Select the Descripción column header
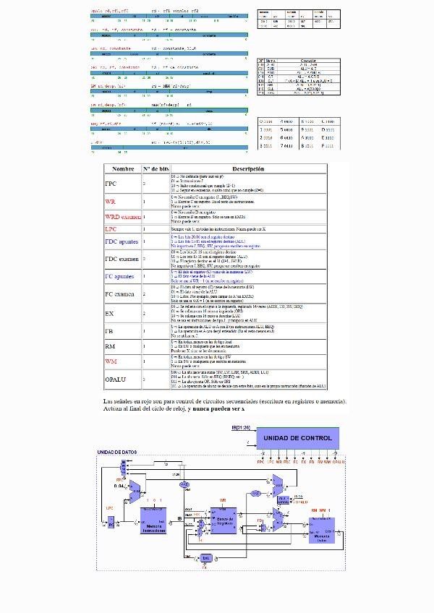(247, 168)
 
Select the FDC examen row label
(122, 259)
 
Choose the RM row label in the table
(111, 347)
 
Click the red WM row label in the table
(111, 361)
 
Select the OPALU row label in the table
(116, 379)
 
